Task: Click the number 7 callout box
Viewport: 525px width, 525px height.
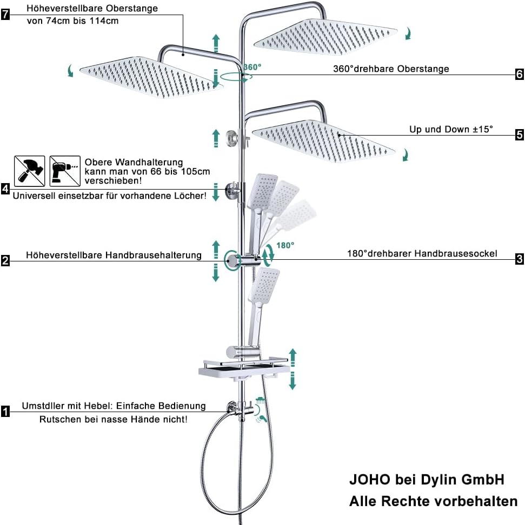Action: pyautogui.click(x=5, y=15)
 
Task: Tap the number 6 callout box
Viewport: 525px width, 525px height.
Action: pyautogui.click(x=519, y=74)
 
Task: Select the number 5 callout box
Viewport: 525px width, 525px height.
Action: pyautogui.click(x=519, y=134)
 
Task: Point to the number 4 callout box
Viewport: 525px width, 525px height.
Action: pyautogui.click(x=5, y=189)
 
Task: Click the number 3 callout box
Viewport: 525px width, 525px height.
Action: pyautogui.click(x=519, y=259)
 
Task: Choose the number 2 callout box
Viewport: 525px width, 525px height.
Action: pyautogui.click(x=5, y=260)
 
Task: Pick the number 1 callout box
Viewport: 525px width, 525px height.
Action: pyautogui.click(x=5, y=411)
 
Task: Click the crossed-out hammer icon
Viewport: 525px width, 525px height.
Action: pyautogui.click(x=30, y=171)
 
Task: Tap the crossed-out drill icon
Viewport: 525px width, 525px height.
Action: pyautogui.click(x=65, y=171)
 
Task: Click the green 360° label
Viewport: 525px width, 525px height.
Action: pyautogui.click(x=252, y=68)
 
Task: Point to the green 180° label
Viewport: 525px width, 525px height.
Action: pyautogui.click(x=285, y=245)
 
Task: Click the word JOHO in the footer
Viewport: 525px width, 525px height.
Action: pyautogui.click(x=370, y=480)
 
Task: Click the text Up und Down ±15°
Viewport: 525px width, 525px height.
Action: pyautogui.click(x=451, y=129)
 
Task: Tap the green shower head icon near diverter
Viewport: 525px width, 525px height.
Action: pyautogui.click(x=261, y=400)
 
